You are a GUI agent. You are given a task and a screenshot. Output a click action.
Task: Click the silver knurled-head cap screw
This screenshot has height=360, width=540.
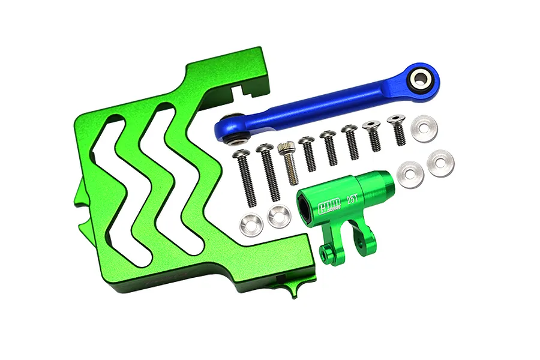click(x=289, y=162)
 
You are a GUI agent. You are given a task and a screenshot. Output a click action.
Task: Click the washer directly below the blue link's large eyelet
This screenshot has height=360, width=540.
click(x=424, y=128)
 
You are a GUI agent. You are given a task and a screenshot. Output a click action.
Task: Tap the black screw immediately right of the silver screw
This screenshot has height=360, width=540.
click(x=308, y=154)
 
